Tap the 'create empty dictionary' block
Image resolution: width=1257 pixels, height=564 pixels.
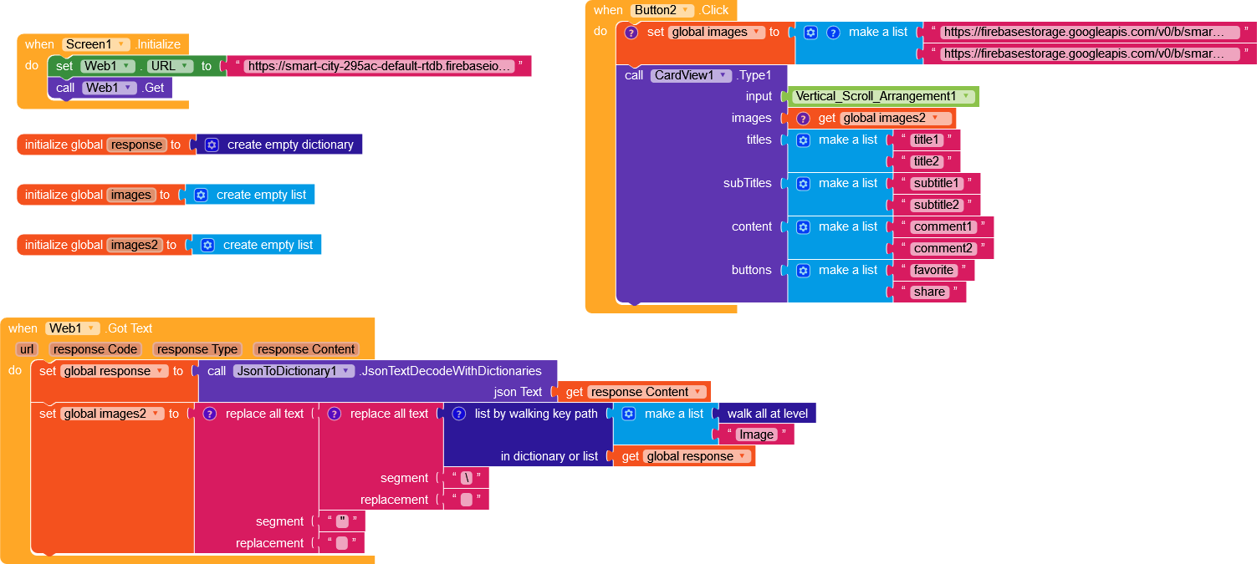point(290,145)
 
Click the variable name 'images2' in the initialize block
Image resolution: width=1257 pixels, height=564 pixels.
point(135,245)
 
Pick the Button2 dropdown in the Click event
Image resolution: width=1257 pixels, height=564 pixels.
point(662,10)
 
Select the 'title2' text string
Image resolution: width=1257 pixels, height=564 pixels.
point(927,161)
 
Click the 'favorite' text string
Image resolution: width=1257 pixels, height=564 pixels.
point(933,270)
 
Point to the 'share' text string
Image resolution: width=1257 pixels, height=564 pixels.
point(929,292)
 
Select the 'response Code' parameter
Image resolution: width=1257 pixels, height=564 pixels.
point(95,349)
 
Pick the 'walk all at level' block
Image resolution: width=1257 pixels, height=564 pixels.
point(767,414)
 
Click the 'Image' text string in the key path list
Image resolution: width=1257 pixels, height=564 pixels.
point(756,434)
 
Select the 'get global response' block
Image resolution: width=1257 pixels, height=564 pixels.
point(687,456)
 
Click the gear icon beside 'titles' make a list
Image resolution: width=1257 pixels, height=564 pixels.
point(803,140)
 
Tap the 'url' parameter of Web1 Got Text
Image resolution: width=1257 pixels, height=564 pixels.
point(28,349)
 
